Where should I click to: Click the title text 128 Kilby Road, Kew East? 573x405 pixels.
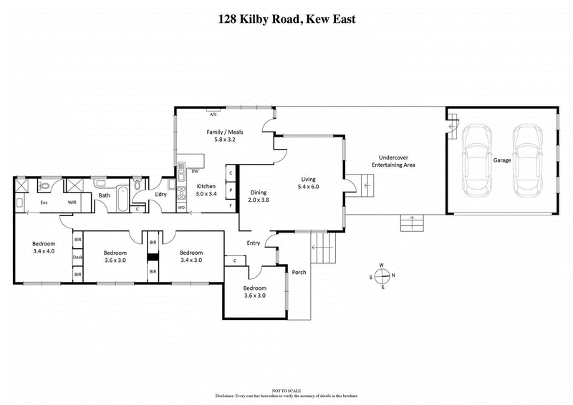(x=286, y=19)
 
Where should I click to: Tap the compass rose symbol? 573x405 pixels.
(x=382, y=276)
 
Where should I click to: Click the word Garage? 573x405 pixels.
(x=502, y=160)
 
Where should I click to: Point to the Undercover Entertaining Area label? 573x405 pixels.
(x=393, y=161)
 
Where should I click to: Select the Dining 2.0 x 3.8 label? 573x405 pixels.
(x=260, y=197)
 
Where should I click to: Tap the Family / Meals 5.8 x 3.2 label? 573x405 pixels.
(x=221, y=136)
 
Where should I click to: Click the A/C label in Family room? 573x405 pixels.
(x=213, y=113)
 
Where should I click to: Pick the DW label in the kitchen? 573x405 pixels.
(x=194, y=171)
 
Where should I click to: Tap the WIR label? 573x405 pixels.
(x=72, y=202)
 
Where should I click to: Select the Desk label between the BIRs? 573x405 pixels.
(x=77, y=258)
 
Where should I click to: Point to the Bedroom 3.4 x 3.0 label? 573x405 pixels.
(x=191, y=256)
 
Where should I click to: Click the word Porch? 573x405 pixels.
(x=299, y=271)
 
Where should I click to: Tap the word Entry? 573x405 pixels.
(x=254, y=243)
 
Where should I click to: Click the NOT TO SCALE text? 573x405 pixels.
(x=286, y=389)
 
